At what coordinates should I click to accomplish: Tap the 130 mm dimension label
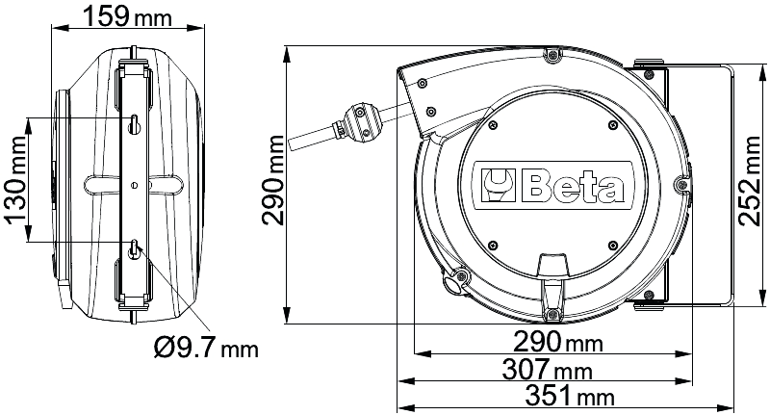pos(16,180)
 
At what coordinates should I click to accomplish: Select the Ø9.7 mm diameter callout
pos(206,349)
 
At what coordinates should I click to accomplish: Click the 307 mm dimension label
pos(547,370)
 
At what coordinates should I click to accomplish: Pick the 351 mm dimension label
pos(570,396)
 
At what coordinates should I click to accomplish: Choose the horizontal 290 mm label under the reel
pos(558,341)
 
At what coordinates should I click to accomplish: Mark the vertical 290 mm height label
pos(272,180)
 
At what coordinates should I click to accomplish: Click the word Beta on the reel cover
pos(573,186)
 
